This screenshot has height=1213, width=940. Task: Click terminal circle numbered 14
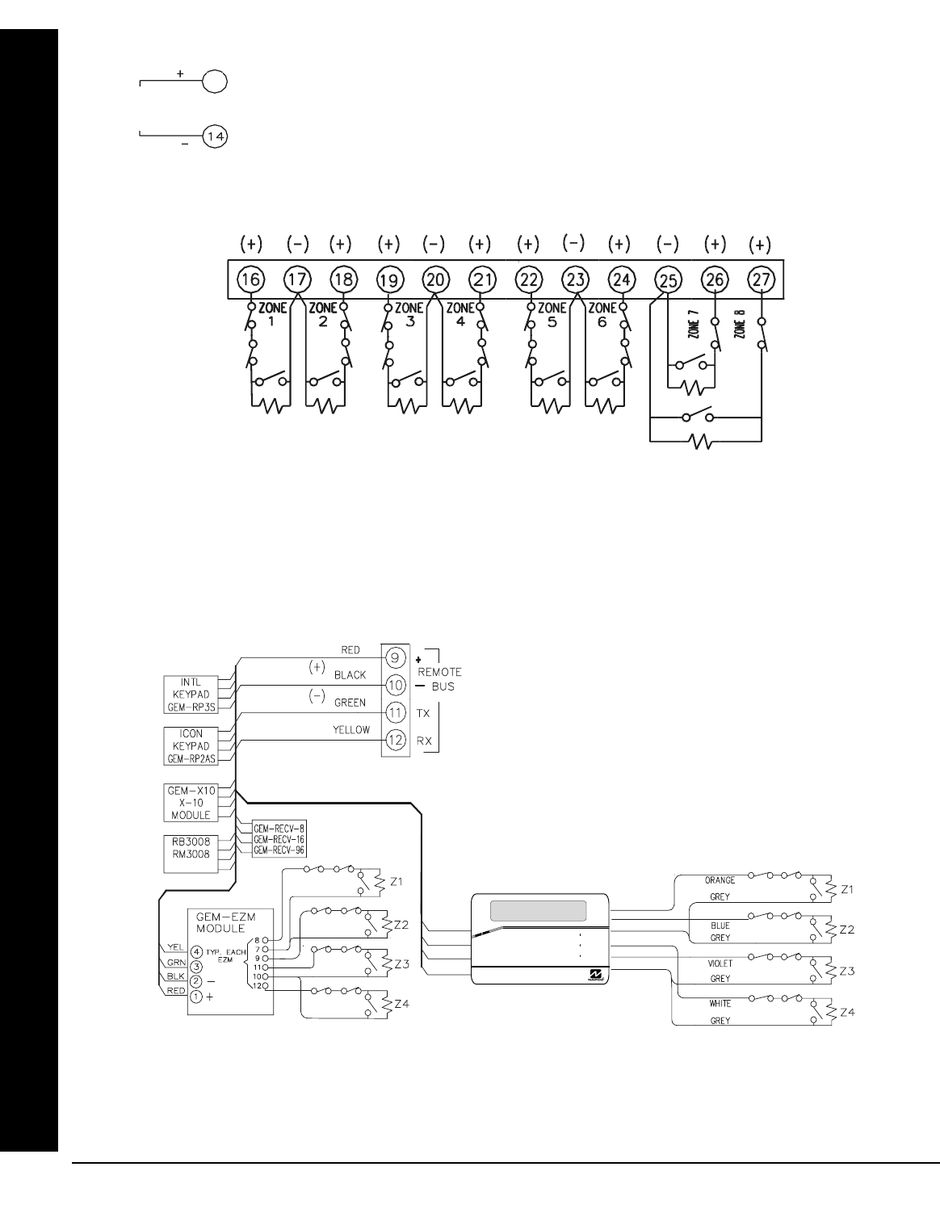click(x=215, y=137)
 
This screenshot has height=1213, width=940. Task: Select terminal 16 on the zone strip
click(x=250, y=279)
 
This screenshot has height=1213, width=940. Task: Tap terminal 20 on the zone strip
click(x=434, y=279)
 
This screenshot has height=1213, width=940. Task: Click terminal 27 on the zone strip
click(x=761, y=279)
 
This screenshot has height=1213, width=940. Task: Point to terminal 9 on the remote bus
click(x=395, y=656)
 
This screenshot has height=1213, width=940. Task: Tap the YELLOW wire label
click(x=351, y=730)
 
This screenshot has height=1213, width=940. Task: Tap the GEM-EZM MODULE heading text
click(x=220, y=922)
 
